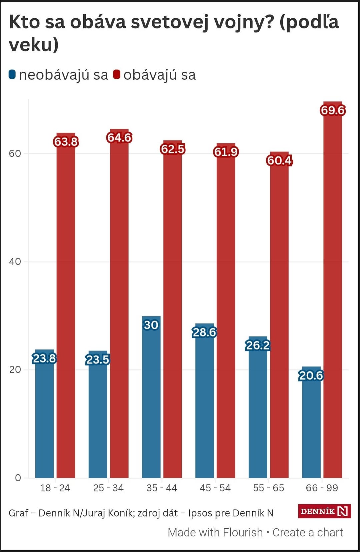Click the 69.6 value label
[333, 110]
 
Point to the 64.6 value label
[119, 137]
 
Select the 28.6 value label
[204, 332]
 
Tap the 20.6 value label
[311, 376]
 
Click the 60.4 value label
[279, 160]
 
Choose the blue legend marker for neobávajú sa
[12, 74]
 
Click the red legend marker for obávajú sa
[116, 74]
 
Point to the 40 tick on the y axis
[15, 261]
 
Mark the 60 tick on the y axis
[15, 153]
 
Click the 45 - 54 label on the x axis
[215, 488]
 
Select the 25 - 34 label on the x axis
[108, 488]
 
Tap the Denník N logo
[324, 511]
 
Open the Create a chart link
[308, 532]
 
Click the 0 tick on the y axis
[18, 478]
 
